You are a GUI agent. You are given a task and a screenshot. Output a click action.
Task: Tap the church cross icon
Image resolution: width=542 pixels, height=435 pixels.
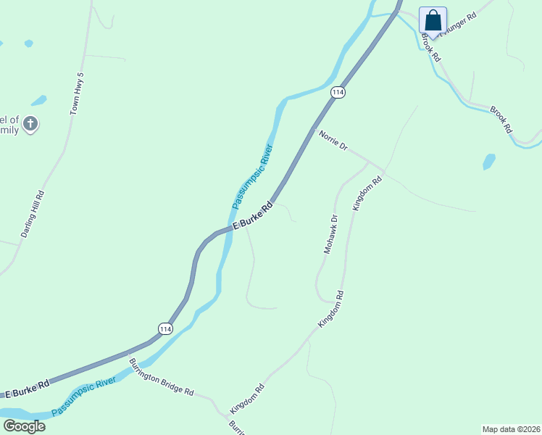click(x=30, y=124)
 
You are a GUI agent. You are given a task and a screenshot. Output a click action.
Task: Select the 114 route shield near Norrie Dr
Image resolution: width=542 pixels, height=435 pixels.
click(x=337, y=92)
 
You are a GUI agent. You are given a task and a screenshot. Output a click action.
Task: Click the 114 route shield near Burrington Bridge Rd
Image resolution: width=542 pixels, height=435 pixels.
click(x=166, y=328)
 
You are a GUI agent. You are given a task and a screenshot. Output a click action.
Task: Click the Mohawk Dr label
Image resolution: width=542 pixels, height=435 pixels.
click(x=330, y=233)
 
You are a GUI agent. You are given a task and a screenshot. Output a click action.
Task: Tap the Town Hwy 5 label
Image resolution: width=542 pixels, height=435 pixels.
click(x=77, y=94)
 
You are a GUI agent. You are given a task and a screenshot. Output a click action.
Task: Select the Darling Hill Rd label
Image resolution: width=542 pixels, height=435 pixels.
click(x=33, y=214)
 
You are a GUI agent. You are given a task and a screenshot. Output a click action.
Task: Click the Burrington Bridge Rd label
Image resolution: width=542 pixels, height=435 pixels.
click(x=162, y=377)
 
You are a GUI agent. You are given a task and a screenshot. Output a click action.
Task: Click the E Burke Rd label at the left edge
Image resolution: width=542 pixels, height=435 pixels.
click(x=28, y=388)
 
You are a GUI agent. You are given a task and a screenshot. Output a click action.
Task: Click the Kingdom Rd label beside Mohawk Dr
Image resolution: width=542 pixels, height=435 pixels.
click(x=367, y=193)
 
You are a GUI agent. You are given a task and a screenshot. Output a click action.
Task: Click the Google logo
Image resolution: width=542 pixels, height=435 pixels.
click(x=24, y=426)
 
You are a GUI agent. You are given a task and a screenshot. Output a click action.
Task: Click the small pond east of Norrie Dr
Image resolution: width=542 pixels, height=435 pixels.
click(x=489, y=161)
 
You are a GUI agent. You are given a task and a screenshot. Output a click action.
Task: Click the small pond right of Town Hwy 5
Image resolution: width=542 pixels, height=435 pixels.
click(x=38, y=100)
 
